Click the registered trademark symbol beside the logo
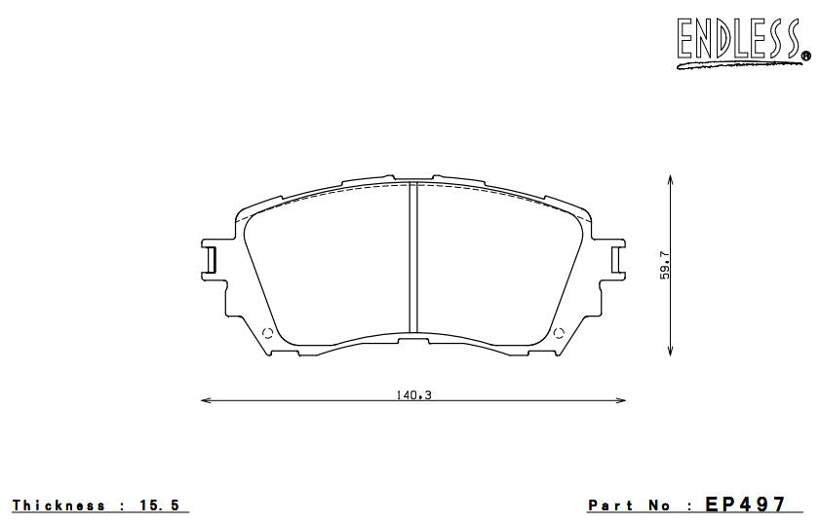[x=805, y=57]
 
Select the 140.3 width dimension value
[x=413, y=394]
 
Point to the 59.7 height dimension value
[x=664, y=265]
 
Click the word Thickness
[x=59, y=505]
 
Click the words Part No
[x=630, y=505]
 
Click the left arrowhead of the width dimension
[x=205, y=400]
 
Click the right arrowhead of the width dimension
[x=621, y=400]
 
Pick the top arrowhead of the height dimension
[x=671, y=179]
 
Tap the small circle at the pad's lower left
[x=269, y=334]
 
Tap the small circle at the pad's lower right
[x=559, y=334]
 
